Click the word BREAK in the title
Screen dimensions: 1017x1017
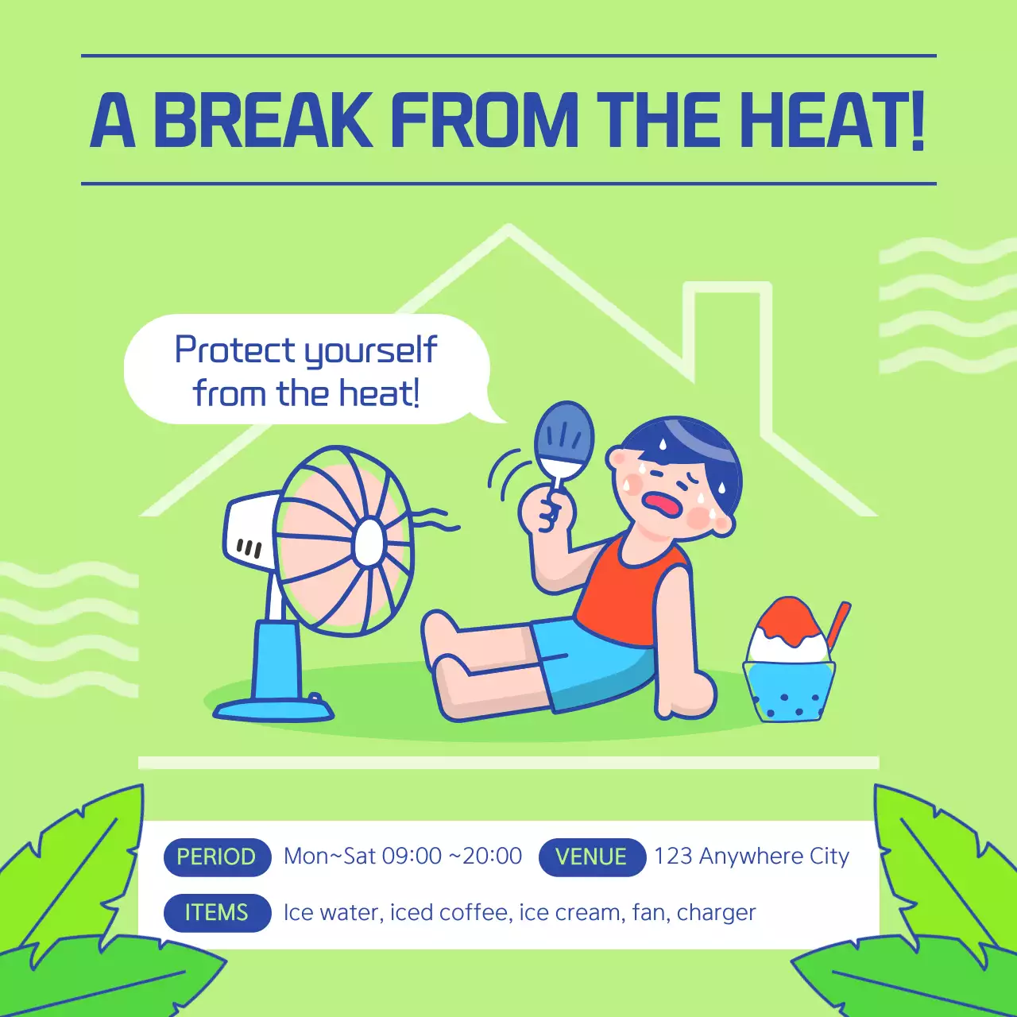coord(262,120)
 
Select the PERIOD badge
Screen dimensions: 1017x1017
coord(217,857)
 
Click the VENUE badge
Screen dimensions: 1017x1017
coord(591,857)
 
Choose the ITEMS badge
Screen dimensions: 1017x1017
coord(217,912)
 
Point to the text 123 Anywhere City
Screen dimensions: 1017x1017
coord(752,857)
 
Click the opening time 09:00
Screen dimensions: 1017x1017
coord(412,857)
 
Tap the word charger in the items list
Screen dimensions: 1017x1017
coord(716,913)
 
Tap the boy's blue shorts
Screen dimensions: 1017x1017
coord(596,663)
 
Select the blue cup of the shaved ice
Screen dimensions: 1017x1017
coord(789,691)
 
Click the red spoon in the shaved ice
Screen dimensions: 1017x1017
coord(839,624)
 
